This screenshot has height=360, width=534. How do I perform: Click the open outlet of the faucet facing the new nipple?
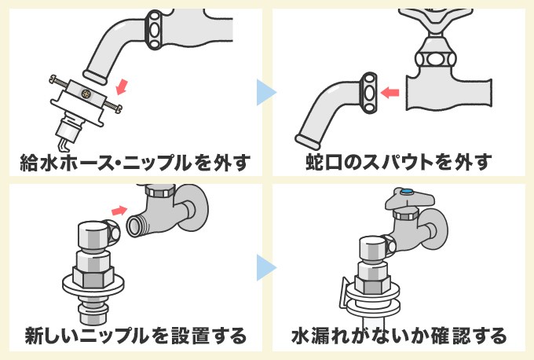coord(134,224)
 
